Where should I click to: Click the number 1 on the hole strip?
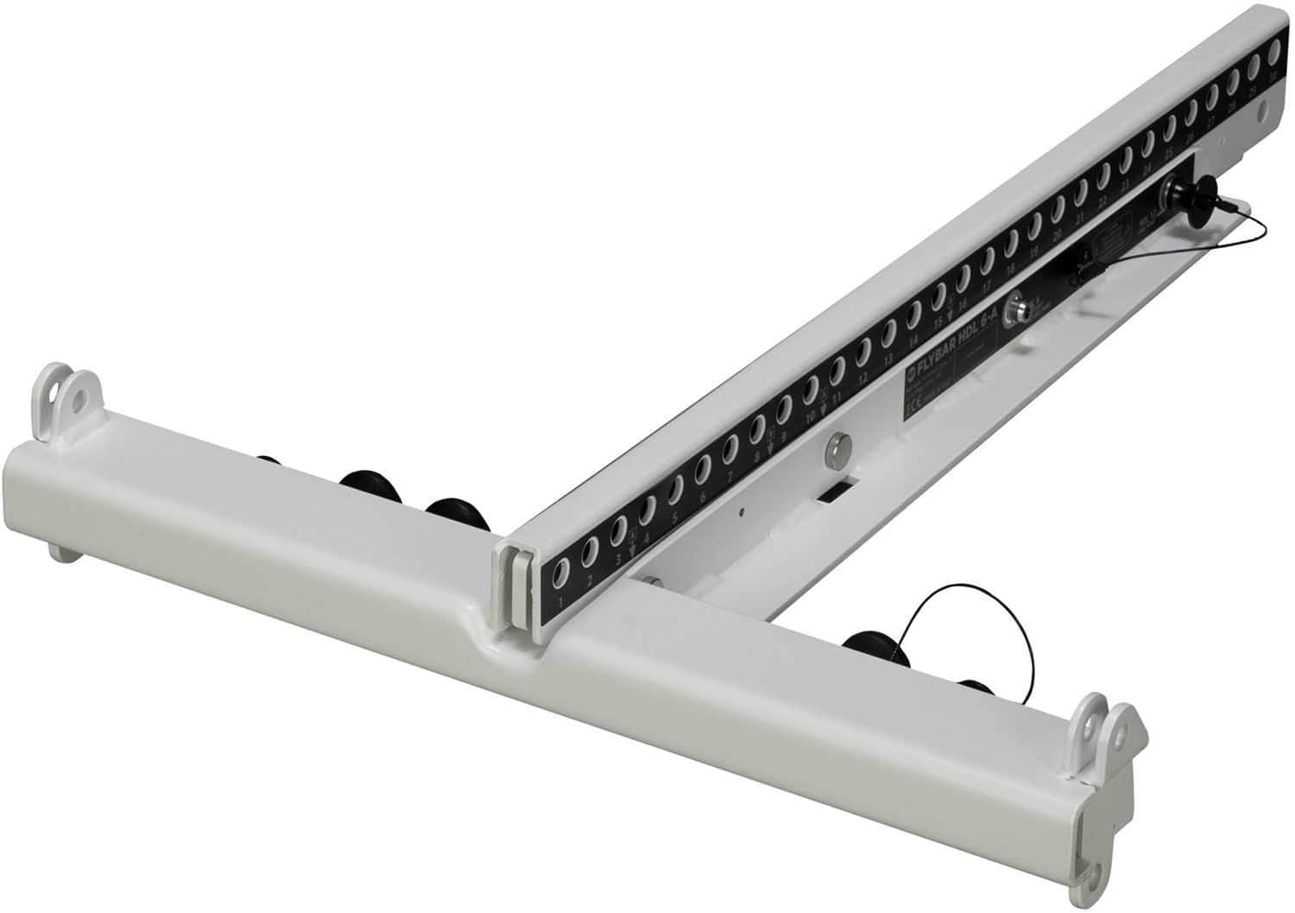tap(562, 599)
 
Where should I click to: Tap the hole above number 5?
tap(676, 491)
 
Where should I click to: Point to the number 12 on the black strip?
tap(862, 378)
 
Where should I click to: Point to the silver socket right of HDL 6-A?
tap(1021, 305)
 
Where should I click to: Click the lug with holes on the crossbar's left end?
tap(67, 396)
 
